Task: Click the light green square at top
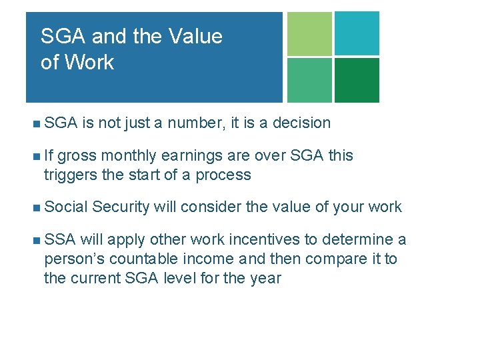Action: (309, 33)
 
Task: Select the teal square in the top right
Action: (357, 33)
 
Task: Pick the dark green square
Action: (357, 80)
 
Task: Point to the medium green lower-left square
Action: (309, 80)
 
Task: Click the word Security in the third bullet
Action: (121, 207)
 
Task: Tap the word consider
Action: (211, 207)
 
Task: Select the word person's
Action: (73, 259)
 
